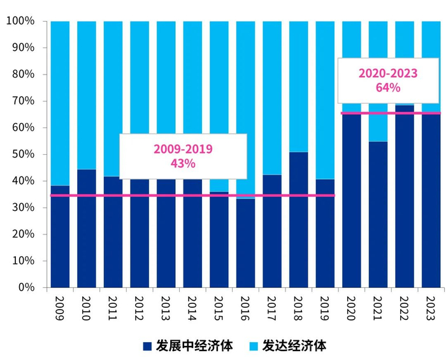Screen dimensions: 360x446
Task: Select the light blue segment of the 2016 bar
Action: [245, 108]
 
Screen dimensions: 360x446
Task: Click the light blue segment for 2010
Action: [87, 96]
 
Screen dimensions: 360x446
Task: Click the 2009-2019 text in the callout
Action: [183, 148]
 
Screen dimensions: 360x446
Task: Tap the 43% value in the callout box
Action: [183, 163]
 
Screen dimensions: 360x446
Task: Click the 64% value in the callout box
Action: [387, 87]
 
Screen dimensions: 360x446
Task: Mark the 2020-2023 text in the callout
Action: [387, 73]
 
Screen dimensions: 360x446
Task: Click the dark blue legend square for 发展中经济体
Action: [147, 346]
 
